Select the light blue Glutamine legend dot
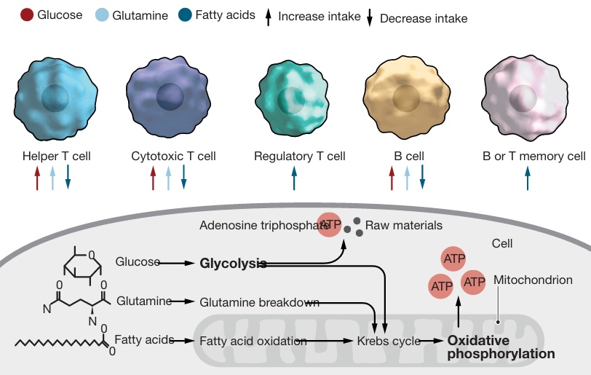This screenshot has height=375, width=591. [x=102, y=15]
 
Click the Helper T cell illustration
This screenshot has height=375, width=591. [x=55, y=99]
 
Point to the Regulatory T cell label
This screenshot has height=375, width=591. [x=299, y=156]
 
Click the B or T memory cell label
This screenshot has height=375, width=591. [x=534, y=156]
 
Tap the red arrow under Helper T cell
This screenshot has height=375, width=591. [x=37, y=178]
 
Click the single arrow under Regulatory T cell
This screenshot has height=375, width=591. [x=295, y=178]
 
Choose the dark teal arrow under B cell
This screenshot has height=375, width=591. [x=422, y=178]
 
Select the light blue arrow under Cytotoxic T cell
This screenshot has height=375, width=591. [x=168, y=178]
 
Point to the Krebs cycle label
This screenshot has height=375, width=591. [x=389, y=340]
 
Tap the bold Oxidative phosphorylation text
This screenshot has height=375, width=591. [x=501, y=347]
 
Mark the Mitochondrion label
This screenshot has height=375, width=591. [x=533, y=280]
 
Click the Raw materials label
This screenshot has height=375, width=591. [x=403, y=225]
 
